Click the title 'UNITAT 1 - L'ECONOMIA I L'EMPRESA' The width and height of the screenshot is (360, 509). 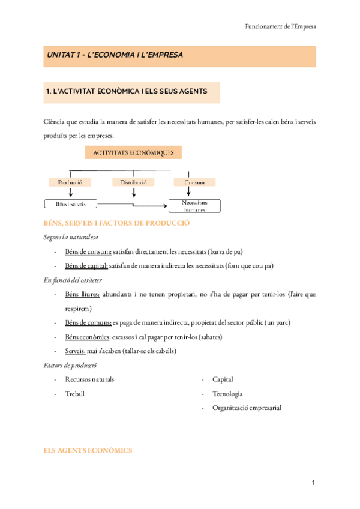[x=115, y=55]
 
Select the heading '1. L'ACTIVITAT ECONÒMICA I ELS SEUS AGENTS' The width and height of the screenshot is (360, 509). [x=127, y=92]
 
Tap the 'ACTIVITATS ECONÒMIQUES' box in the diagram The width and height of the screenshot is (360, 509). [x=137, y=153]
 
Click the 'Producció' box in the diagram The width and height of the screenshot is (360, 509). [x=70, y=182]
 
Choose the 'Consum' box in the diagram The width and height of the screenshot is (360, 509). [x=194, y=182]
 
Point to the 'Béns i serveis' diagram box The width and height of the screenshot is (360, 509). [x=70, y=205]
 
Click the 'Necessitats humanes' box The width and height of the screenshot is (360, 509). [x=195, y=206]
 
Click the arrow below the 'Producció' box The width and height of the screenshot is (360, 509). [x=71, y=192]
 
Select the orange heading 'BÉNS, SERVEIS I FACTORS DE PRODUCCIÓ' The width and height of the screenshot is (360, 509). [x=117, y=223]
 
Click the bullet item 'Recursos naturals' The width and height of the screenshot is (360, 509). [x=89, y=379]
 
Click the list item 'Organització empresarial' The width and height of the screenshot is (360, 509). [x=247, y=408]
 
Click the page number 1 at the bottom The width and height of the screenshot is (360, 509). [x=313, y=483]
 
